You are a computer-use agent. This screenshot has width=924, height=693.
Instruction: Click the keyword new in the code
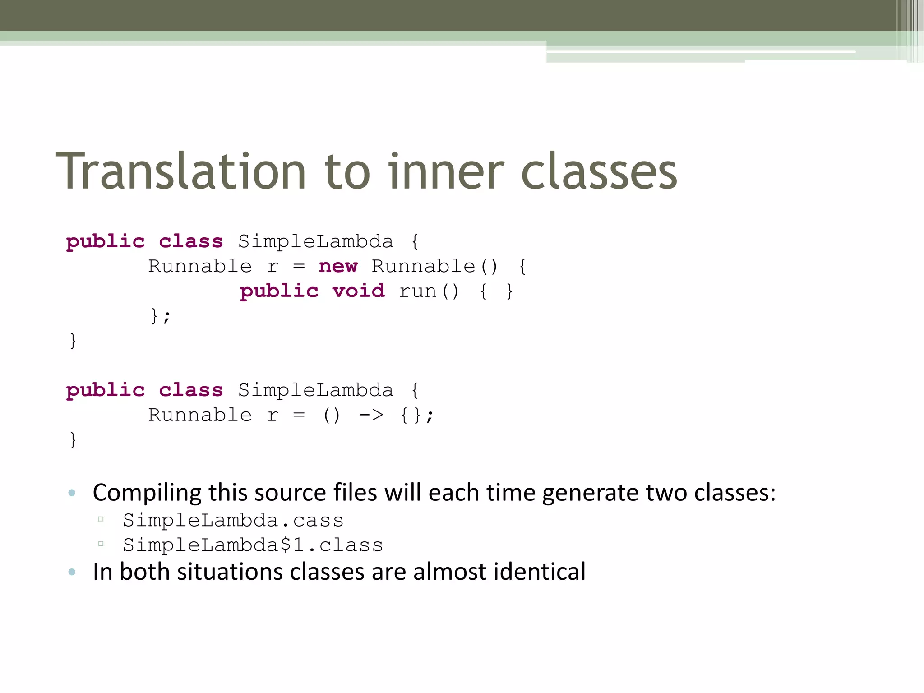[x=338, y=266]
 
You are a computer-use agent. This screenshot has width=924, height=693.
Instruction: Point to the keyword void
[x=359, y=291]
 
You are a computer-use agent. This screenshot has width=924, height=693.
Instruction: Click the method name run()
[x=429, y=291]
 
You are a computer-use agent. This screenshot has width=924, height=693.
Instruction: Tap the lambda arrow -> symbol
[x=371, y=415]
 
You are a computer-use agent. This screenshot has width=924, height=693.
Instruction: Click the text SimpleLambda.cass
[x=233, y=521]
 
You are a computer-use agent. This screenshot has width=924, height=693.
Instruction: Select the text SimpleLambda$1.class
[x=253, y=545]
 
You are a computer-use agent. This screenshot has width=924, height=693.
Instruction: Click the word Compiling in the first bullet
[x=147, y=493]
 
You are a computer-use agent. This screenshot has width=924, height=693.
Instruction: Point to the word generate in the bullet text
[x=591, y=493]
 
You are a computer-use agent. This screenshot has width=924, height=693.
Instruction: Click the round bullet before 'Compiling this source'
[x=72, y=493]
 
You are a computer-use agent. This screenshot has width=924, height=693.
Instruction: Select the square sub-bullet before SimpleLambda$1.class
[x=101, y=544]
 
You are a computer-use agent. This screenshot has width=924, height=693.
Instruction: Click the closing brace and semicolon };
[x=161, y=316]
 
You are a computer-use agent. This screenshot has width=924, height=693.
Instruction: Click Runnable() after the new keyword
[x=434, y=266]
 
